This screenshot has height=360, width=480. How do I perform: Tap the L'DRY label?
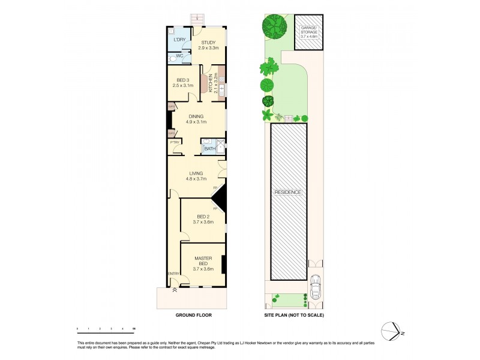point(179,40)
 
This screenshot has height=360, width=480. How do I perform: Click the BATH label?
point(209,148)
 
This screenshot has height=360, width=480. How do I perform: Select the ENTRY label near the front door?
point(173,274)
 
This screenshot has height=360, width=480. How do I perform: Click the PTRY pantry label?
point(175,142)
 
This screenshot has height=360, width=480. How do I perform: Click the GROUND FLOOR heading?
point(193,315)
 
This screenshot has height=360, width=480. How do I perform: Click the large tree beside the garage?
point(275,26)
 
